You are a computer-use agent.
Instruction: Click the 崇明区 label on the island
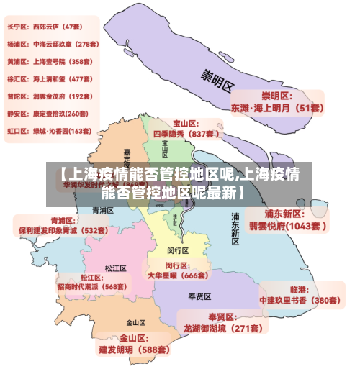coord(217,78)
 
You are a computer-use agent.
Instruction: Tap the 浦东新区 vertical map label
coord(235,229)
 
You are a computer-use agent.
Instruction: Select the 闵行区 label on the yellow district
coord(178,251)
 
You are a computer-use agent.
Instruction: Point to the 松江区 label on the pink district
coord(115,268)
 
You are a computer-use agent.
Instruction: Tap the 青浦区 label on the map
coord(104,210)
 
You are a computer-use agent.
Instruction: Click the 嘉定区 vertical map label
coord(127,160)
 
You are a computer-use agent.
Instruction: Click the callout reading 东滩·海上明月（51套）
coord(277,108)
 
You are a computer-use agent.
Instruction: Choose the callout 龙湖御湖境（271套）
coord(223,328)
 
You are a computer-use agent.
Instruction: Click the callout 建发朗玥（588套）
coord(135,350)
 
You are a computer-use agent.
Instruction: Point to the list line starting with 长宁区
coord(45,27)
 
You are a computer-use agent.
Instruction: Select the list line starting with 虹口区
coord(49,132)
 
